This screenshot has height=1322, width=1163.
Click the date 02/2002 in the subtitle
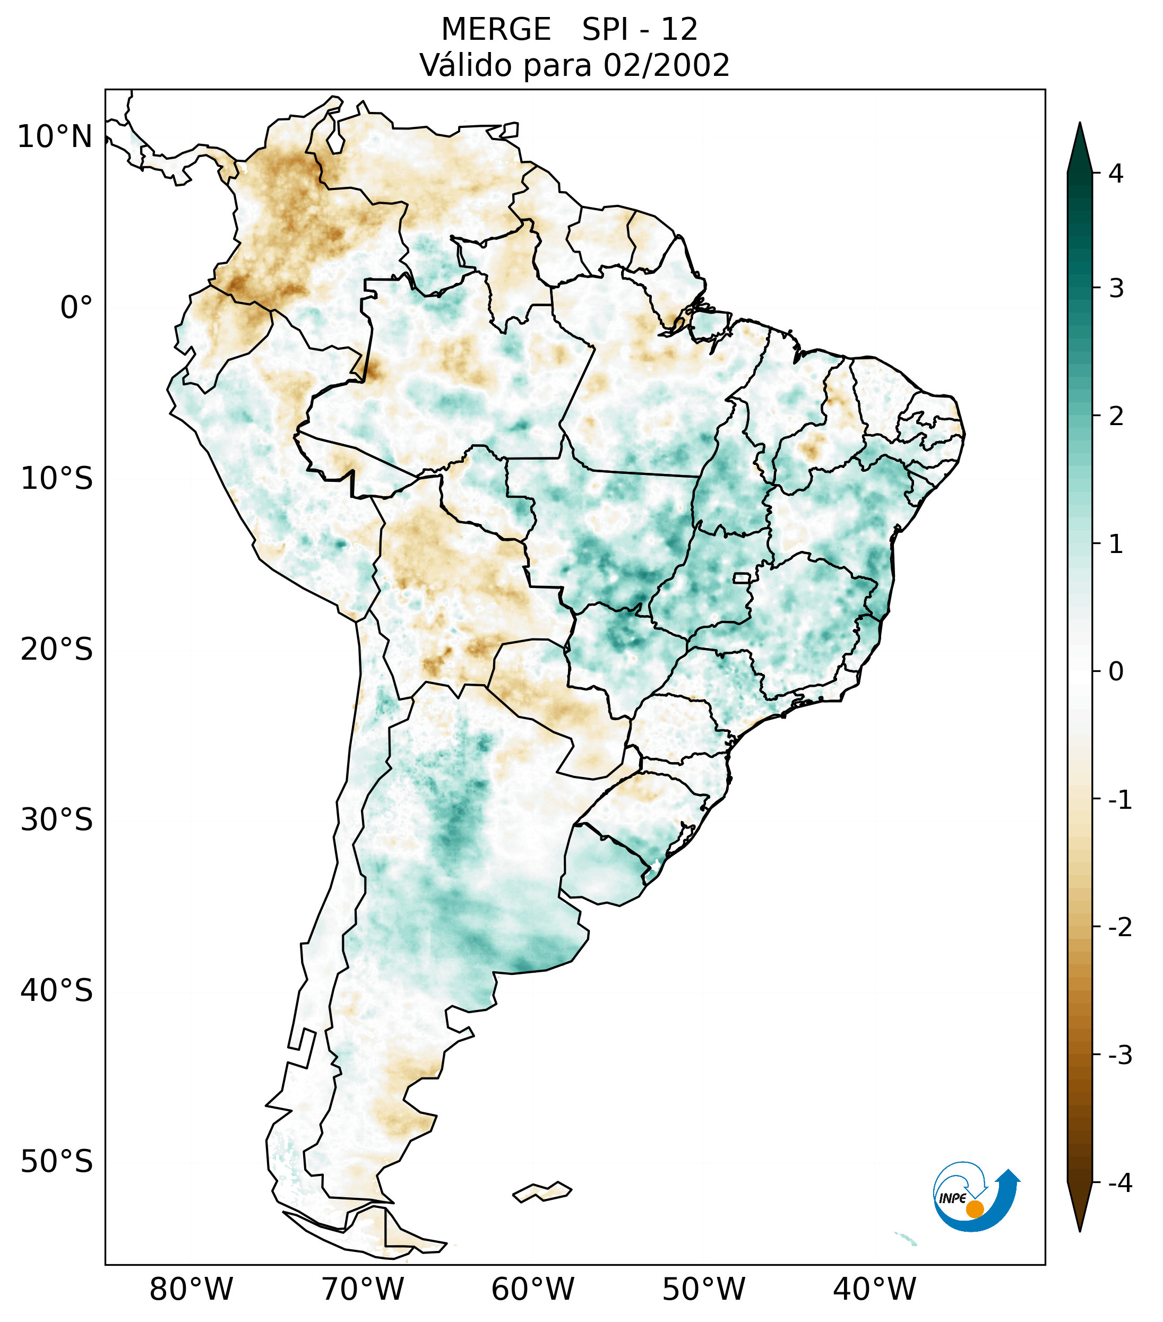(666, 65)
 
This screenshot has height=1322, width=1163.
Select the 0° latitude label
(76, 308)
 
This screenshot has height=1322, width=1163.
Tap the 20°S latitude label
(57, 650)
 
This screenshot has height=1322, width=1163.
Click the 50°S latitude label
(57, 1162)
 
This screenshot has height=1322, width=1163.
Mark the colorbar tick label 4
(1116, 174)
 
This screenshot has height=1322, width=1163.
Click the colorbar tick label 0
(1116, 672)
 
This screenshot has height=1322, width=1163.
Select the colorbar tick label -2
(1119, 928)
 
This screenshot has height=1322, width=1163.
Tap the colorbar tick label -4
(1119, 1183)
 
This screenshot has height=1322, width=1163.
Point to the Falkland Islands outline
(542, 1191)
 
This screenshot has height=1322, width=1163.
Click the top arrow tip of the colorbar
(1080, 124)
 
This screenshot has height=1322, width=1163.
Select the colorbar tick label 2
(1116, 417)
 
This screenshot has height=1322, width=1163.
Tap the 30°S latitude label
(57, 820)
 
